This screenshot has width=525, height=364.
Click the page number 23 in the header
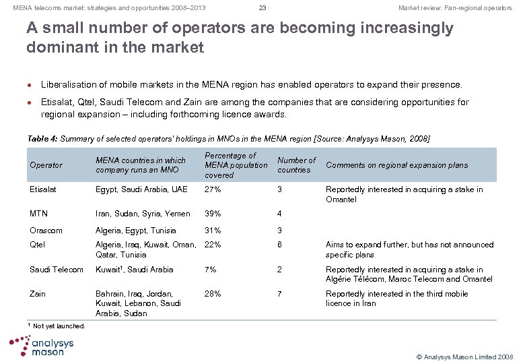click(x=262, y=8)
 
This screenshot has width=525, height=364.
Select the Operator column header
click(x=46, y=165)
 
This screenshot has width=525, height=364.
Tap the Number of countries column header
click(x=296, y=165)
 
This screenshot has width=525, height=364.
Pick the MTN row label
click(x=39, y=214)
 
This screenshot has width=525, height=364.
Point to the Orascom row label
click(x=46, y=231)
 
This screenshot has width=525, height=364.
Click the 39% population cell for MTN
click(x=212, y=214)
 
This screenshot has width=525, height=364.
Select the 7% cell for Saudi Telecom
click(x=210, y=270)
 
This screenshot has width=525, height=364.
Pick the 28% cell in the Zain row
click(x=212, y=294)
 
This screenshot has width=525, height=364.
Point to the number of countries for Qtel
click(x=280, y=245)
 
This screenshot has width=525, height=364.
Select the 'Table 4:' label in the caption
click(x=42, y=139)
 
